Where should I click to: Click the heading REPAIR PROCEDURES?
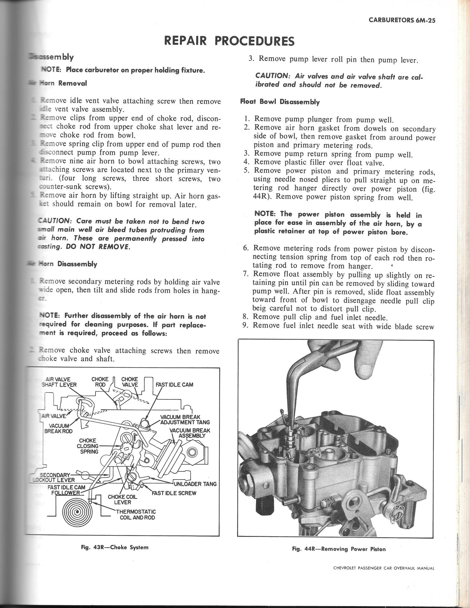coord(229,40)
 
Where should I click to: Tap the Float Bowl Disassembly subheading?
coord(280,102)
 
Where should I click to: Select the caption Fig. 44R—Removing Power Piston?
coord(339,549)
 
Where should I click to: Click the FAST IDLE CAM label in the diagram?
coord(174,385)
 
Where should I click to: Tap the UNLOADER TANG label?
coord(195,484)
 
